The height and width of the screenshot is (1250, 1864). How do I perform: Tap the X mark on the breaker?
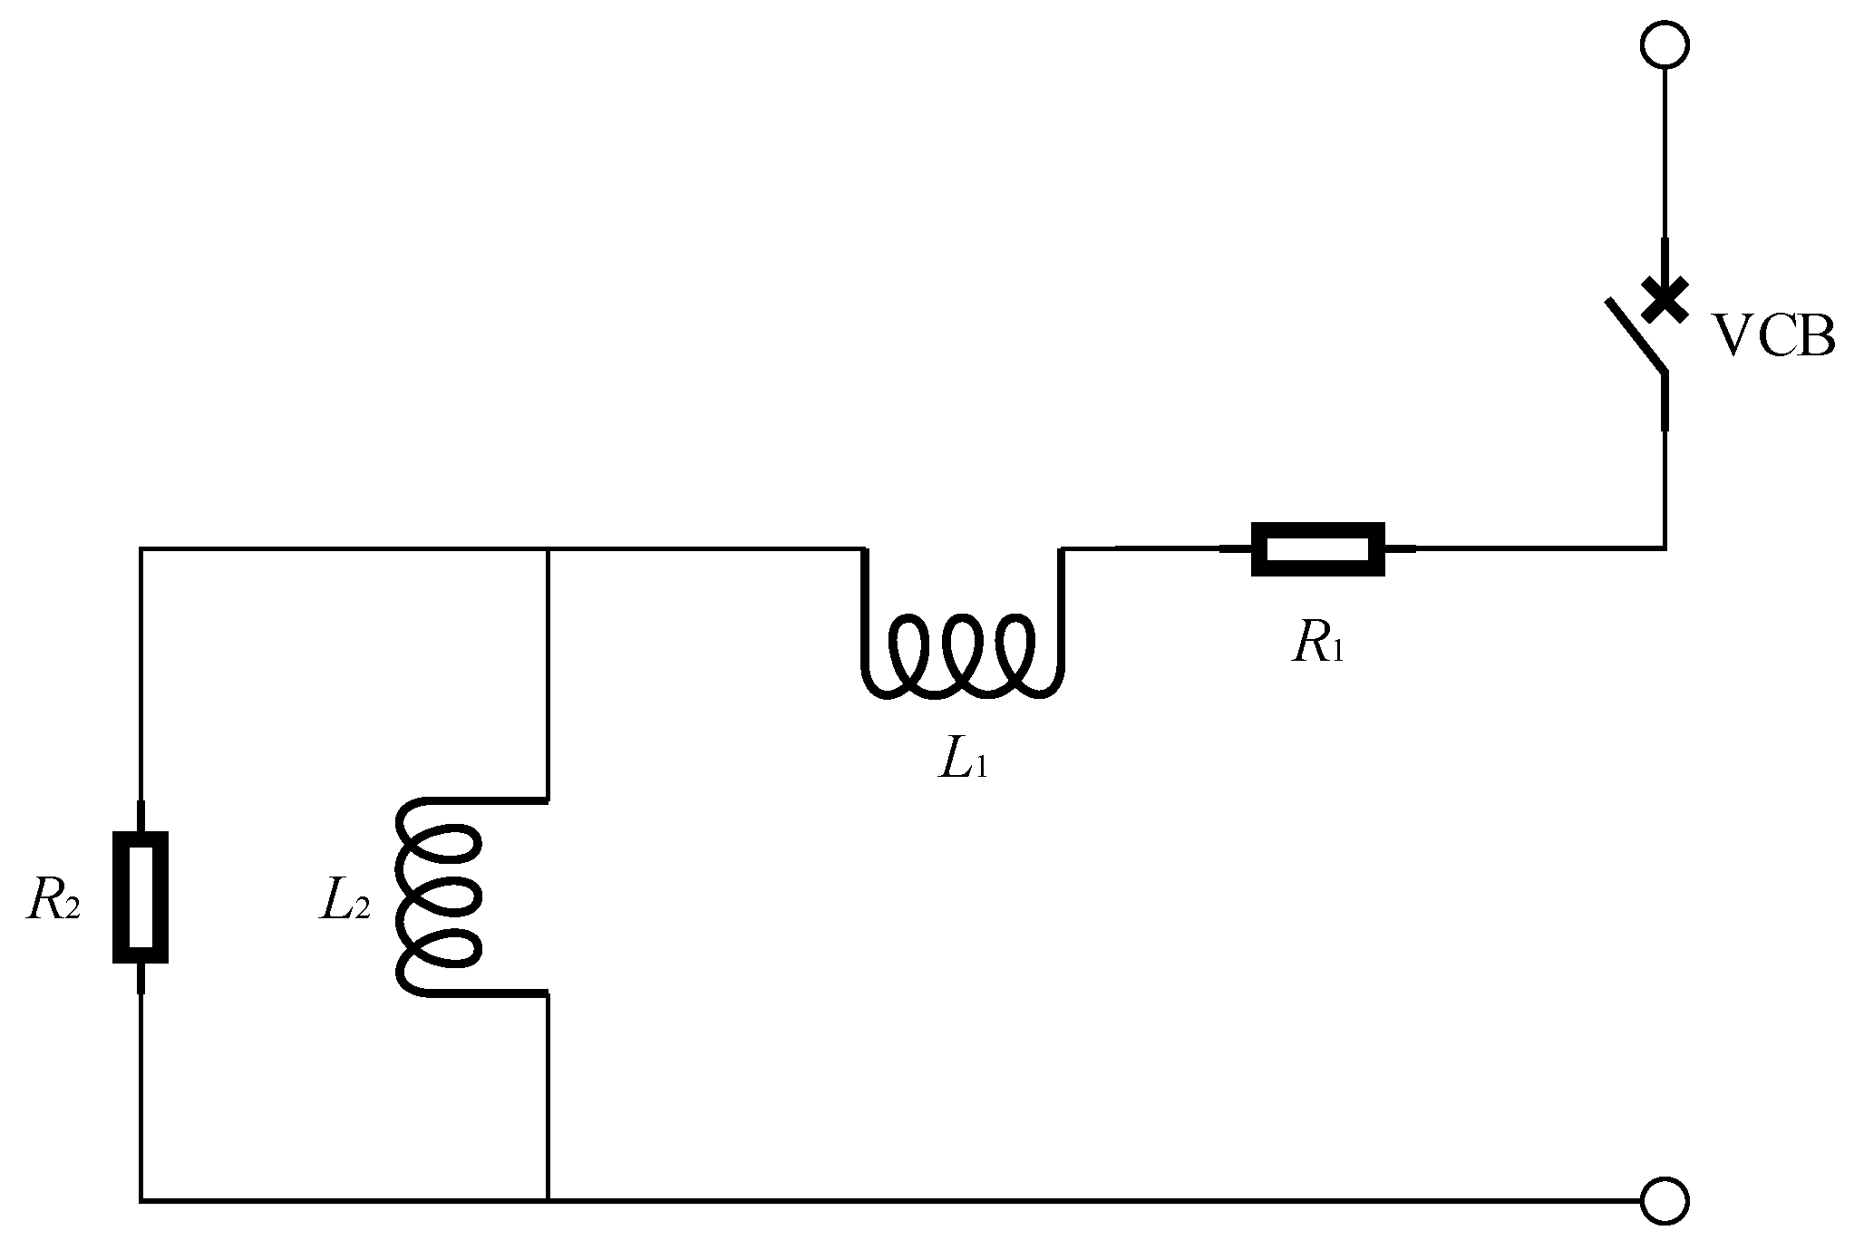click(1665, 300)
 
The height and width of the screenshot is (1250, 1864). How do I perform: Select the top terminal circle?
click(1665, 45)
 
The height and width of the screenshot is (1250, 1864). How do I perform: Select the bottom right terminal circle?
click(1665, 1200)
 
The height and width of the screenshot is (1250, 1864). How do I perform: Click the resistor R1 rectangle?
click(1317, 548)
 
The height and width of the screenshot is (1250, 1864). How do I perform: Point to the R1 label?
click(1317, 644)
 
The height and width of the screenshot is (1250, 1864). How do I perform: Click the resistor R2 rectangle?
click(141, 896)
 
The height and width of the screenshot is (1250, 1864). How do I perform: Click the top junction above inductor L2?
click(549, 548)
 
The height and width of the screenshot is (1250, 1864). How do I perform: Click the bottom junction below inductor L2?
click(549, 1200)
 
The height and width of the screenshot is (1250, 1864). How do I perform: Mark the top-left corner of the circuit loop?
click(141, 548)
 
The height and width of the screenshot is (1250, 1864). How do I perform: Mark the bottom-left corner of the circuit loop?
click(141, 1200)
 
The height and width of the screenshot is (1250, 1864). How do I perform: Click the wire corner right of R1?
click(1665, 547)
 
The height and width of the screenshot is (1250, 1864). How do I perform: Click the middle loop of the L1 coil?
click(962, 654)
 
